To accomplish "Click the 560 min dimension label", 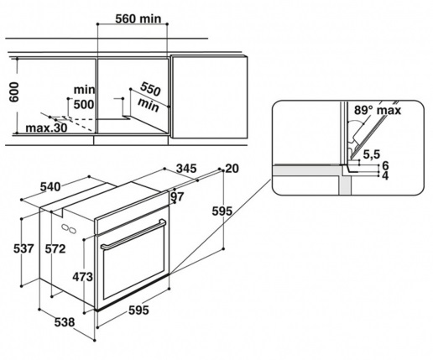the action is pos(138,18).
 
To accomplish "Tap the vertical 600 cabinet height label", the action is pos(13,92).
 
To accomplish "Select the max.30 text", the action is pos(46,128).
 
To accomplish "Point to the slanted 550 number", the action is pos(150,89).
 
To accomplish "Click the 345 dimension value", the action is pos(186,169).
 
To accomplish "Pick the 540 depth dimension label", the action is pos(50,186).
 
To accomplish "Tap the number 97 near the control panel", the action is pos(177,197).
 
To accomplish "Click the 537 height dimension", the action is pos(23,248).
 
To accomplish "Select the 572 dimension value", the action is pos(55,248).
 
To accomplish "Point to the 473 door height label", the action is pos(82,277).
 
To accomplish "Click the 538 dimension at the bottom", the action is pos(65,322).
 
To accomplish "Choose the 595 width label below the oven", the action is pos(138,310).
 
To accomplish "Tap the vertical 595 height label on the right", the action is pos(222,211).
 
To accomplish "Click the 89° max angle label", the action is pos(378,110).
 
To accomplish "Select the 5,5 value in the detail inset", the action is pos(372,154).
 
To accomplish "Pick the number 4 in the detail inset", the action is pos(385,176).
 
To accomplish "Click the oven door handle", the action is pos(133,234).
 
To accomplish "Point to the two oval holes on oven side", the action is pos(69,228).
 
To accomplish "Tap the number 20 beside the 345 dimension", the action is pos(232,169).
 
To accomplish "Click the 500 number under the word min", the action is pos(84,104).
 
